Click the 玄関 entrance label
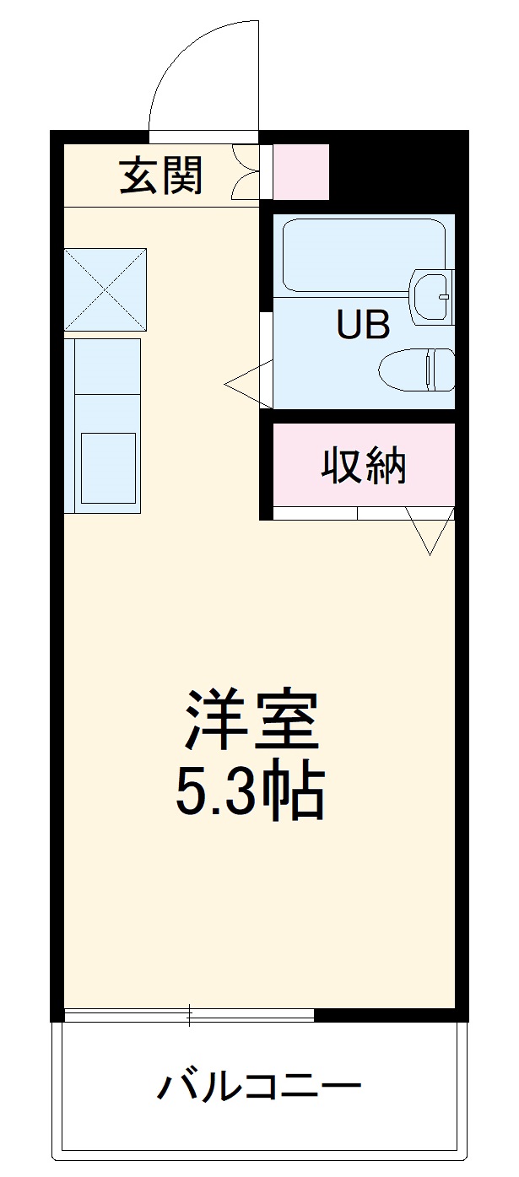162,176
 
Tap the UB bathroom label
364,324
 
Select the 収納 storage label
364,466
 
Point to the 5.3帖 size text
251,791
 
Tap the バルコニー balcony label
259,1086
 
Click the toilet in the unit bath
418,370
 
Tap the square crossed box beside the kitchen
105,289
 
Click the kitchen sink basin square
107,467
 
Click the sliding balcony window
189,1015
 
